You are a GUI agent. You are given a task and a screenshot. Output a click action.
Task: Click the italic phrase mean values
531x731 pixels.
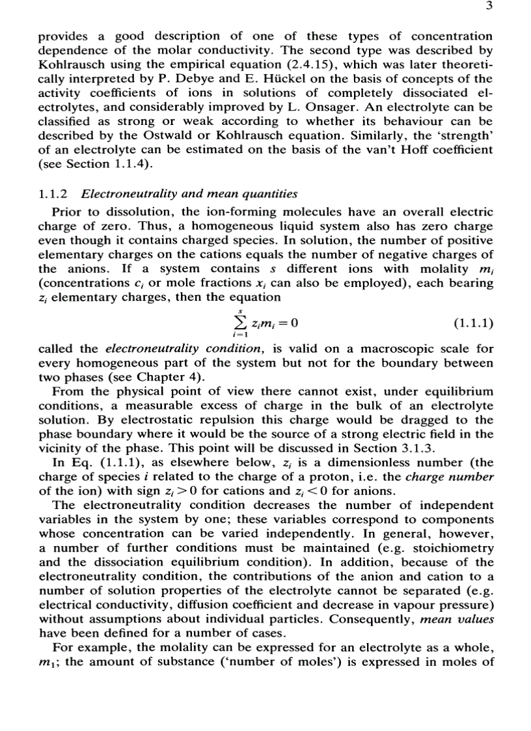coord(456,619)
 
